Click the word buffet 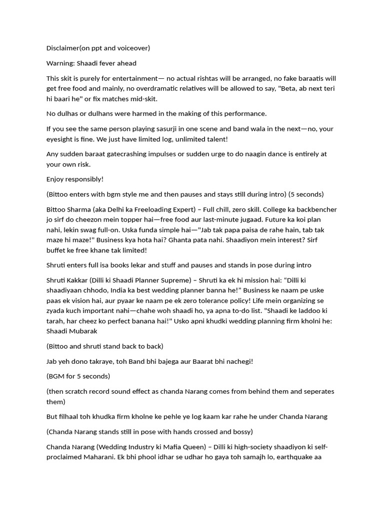57,250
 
